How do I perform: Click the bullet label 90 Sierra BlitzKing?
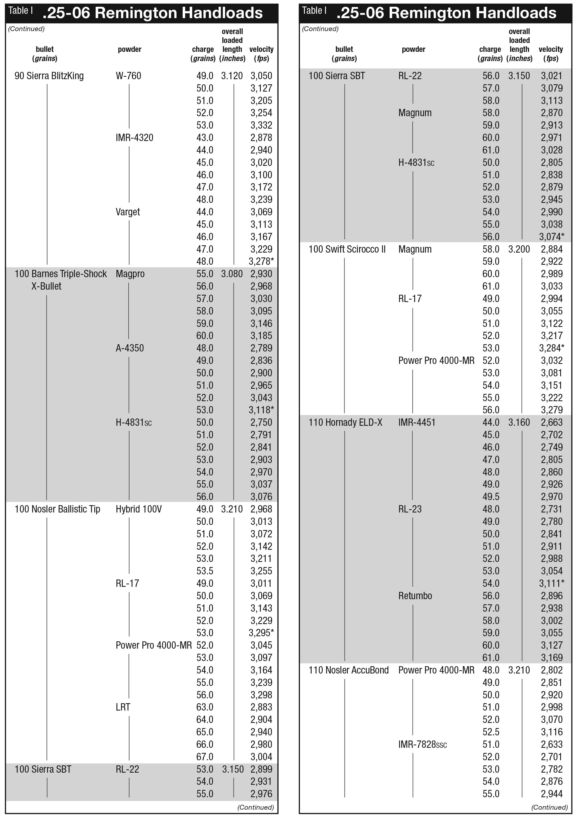(49, 76)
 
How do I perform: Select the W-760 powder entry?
(128, 76)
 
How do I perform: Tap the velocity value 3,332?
(261, 125)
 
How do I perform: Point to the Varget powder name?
(128, 212)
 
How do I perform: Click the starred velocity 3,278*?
(261, 262)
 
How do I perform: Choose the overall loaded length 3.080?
(232, 274)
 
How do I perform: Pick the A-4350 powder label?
(130, 348)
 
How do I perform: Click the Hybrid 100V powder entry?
(139, 509)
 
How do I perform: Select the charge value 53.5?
(205, 571)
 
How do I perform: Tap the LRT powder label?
(123, 708)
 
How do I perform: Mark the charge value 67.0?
(205, 757)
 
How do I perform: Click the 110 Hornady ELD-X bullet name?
(346, 423)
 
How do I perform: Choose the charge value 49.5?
(491, 497)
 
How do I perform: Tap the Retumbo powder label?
(415, 596)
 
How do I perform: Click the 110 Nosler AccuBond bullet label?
(348, 670)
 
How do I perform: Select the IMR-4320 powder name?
(134, 138)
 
